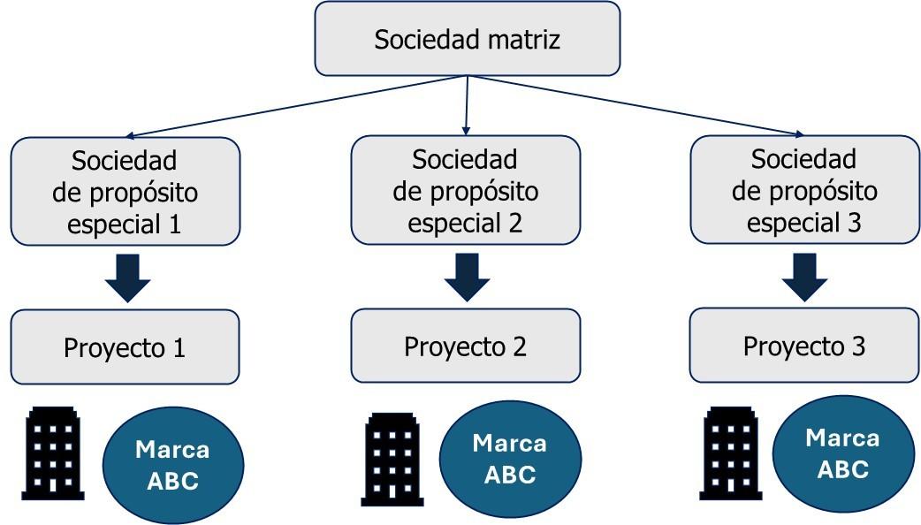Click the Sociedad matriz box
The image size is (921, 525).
tap(467, 40)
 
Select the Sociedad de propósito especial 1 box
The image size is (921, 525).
tap(125, 191)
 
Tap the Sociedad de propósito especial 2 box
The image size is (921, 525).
tap(465, 191)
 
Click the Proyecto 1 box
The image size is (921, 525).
tap(125, 347)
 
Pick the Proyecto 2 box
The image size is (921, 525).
tap(465, 346)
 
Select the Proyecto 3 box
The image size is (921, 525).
tap(803, 345)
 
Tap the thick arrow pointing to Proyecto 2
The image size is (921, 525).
tap(467, 277)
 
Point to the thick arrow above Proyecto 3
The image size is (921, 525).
tap(804, 277)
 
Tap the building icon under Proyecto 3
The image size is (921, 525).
tap(730, 453)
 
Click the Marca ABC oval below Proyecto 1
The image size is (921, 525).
tap(172, 464)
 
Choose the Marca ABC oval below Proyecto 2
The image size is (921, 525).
tap(510, 459)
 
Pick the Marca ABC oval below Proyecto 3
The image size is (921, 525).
tap(842, 453)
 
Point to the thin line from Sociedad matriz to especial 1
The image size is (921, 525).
tap(296, 107)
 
